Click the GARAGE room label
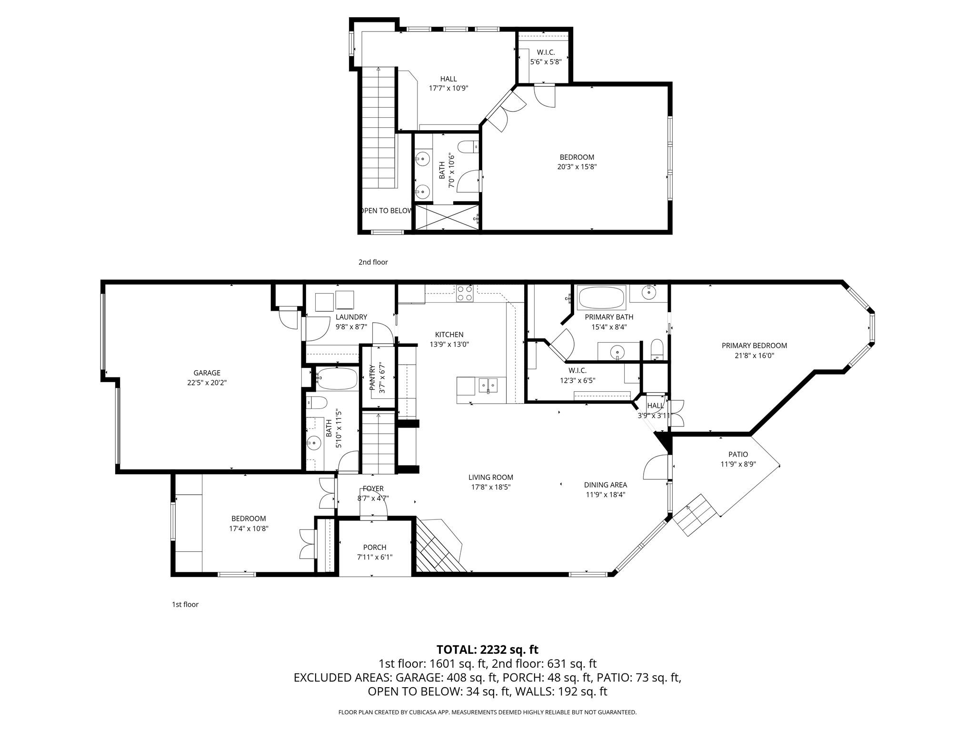207,373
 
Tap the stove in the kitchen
464,293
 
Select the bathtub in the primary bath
601,298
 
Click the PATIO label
738,454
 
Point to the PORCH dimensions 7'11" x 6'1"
375,557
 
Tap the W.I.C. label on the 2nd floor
546,52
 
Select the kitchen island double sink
488,385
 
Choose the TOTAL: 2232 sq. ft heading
487,650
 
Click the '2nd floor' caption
373,262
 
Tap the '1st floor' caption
185,604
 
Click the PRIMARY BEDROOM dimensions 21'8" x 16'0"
754,355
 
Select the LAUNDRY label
351,317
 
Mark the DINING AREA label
605,485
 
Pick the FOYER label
373,488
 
